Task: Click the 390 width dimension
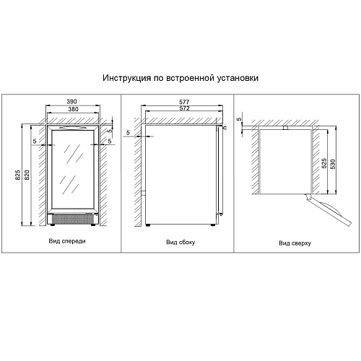[x=71, y=102]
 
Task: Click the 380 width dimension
[x=73, y=109]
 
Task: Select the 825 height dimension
[x=18, y=175]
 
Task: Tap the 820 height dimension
[x=27, y=175]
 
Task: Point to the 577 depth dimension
[x=184, y=102]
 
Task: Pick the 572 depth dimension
[x=184, y=108]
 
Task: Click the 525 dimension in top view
[x=324, y=163]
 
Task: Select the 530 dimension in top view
[x=333, y=164]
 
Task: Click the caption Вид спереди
[x=67, y=241]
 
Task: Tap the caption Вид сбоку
[x=180, y=242]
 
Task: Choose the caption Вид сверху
[x=295, y=243]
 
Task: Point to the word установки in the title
[x=238, y=78]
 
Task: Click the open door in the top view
[x=329, y=210]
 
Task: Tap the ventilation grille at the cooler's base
[x=73, y=219]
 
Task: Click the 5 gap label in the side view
[x=128, y=132]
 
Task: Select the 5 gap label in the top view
[x=239, y=119]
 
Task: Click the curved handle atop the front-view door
[x=72, y=128]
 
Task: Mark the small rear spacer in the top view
[x=285, y=128]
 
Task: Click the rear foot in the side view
[x=147, y=225]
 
